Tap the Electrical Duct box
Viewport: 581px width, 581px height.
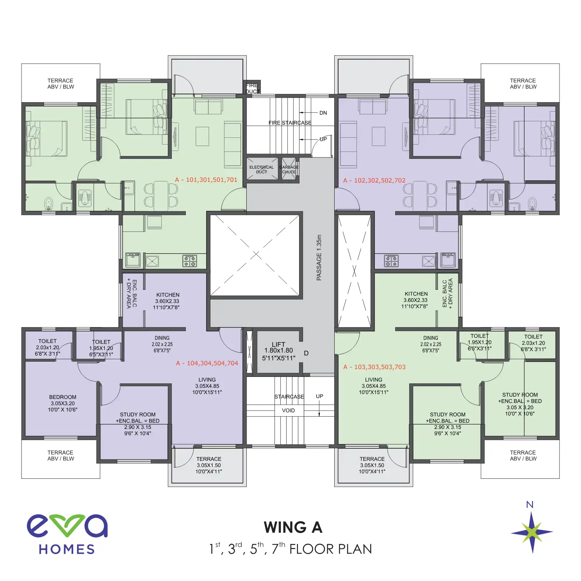(262, 169)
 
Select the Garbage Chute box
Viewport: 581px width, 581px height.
(289, 169)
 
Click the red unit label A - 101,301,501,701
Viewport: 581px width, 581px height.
(206, 180)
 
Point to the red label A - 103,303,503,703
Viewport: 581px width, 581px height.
(374, 367)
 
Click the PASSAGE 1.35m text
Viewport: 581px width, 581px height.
(319, 258)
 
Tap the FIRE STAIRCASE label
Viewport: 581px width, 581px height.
(290, 123)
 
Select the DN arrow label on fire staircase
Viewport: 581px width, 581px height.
(323, 113)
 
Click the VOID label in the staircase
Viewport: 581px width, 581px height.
(288, 410)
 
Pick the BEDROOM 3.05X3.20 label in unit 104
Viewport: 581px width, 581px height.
(63, 403)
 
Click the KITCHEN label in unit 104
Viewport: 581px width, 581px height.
(167, 301)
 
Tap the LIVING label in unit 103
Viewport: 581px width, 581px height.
(374, 386)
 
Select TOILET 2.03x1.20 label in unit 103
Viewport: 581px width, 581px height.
(533, 343)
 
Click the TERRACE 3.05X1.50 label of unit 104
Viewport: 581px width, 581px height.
(209, 465)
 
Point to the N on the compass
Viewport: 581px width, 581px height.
(530, 505)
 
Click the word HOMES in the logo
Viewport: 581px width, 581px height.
(67, 549)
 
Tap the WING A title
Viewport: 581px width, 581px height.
(293, 527)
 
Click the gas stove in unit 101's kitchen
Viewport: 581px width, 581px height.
(189, 261)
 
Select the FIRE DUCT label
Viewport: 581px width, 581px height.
(252, 88)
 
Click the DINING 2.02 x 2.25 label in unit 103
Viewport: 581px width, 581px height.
(431, 344)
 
